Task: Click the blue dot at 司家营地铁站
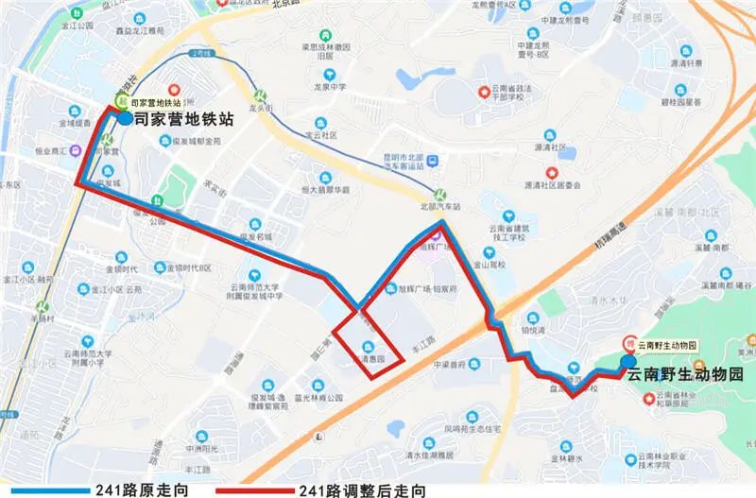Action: pyautogui.click(x=126, y=119)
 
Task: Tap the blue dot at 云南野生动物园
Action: pyautogui.click(x=628, y=361)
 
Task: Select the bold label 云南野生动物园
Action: pyautogui.click(x=685, y=375)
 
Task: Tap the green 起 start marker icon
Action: pyautogui.click(x=120, y=101)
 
